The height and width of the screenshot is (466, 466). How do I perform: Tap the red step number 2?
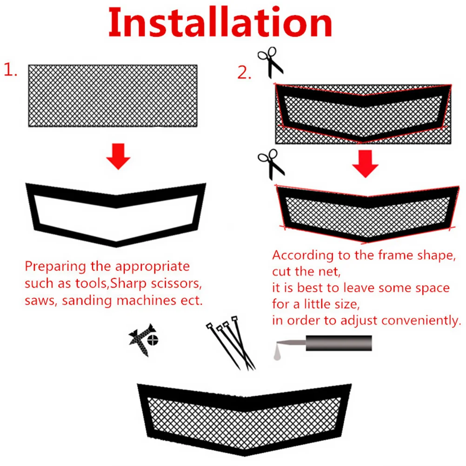pyautogui.click(x=243, y=73)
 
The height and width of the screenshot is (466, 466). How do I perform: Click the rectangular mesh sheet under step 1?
pyautogui.click(x=113, y=95)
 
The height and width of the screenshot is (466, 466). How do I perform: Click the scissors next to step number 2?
pyautogui.click(x=271, y=63)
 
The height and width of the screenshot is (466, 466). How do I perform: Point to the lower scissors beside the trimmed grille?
pyautogui.click(x=271, y=164)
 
